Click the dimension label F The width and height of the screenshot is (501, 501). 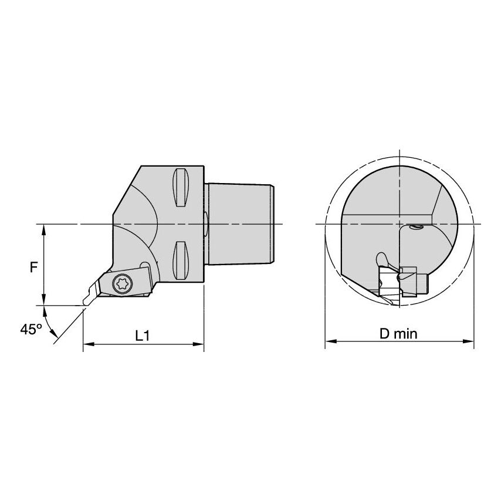click(35, 266)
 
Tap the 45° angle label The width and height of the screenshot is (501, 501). click(30, 330)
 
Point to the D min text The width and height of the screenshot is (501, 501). click(398, 334)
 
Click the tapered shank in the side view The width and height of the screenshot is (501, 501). click(241, 224)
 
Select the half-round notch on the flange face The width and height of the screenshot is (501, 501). click(205, 224)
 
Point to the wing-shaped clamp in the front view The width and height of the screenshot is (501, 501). click(381, 258)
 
